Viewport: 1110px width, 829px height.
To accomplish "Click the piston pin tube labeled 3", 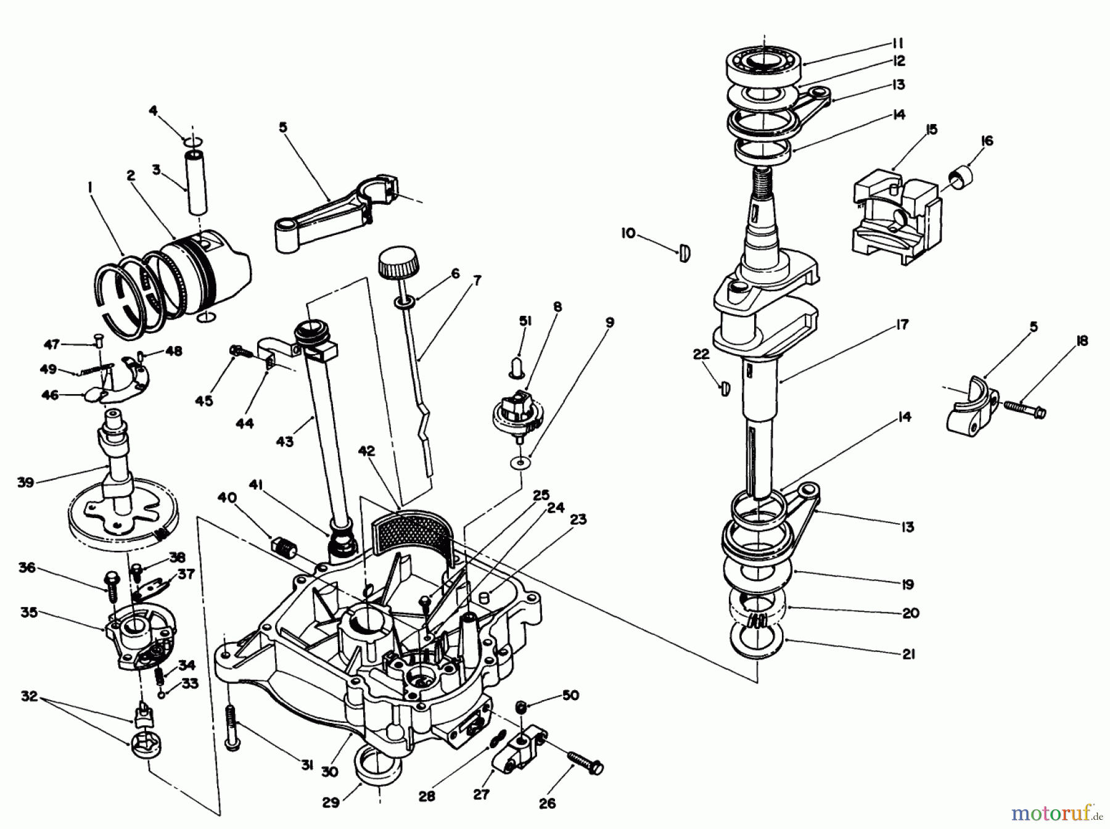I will click(x=196, y=183).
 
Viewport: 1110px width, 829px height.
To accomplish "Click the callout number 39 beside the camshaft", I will click(x=25, y=482).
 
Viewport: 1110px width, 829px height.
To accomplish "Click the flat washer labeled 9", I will click(x=522, y=461).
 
